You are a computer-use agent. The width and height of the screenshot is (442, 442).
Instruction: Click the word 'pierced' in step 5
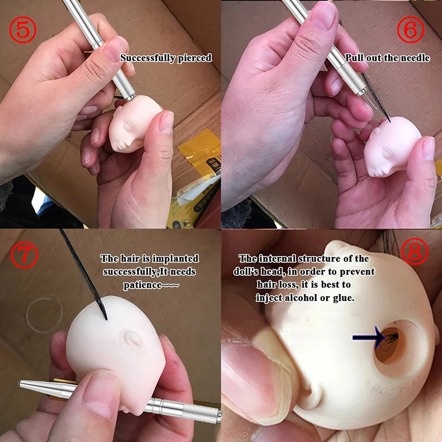tap(194, 57)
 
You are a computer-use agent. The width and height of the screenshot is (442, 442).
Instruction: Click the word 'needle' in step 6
tap(415, 57)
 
